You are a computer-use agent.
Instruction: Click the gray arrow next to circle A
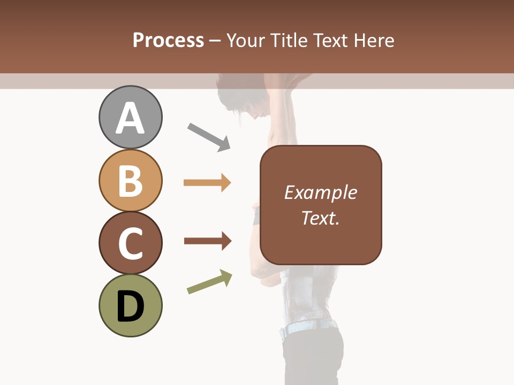(x=209, y=137)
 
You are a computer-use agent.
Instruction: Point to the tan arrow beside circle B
(x=207, y=183)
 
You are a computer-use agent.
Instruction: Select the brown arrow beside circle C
(x=208, y=241)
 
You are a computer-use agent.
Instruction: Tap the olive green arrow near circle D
(x=209, y=282)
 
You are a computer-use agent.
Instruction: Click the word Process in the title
(x=168, y=40)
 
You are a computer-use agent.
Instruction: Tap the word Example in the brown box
(x=320, y=192)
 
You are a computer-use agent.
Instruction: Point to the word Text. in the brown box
(x=320, y=218)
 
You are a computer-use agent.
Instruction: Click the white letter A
(x=130, y=118)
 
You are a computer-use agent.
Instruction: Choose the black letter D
(x=130, y=306)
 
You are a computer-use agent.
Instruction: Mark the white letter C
(x=130, y=243)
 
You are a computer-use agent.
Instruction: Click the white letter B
(x=130, y=181)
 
